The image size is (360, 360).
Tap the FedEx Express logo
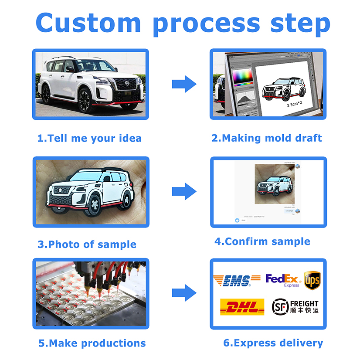(x=282, y=280)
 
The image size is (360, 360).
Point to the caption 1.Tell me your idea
(x=89, y=139)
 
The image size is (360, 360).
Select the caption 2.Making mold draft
(x=267, y=138)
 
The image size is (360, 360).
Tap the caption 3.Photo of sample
(x=87, y=245)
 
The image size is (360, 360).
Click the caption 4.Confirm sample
(x=262, y=241)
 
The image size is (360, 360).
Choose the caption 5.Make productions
(x=92, y=343)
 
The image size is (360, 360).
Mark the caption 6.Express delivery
(x=273, y=343)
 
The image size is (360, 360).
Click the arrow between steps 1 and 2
(x=184, y=84)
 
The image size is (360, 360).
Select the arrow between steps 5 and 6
(x=184, y=293)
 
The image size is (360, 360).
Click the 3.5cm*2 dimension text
(x=295, y=105)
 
